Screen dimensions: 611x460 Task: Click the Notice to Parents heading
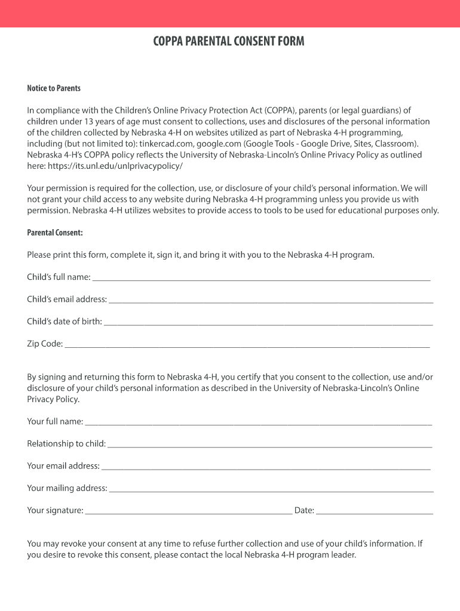tap(54, 88)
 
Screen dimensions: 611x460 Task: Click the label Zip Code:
tap(45, 344)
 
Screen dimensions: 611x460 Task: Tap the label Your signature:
tap(55, 510)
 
